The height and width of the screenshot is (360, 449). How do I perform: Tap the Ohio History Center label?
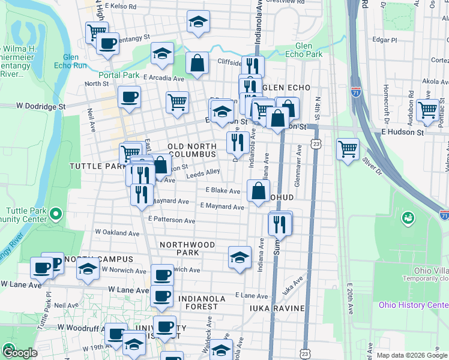click(413, 304)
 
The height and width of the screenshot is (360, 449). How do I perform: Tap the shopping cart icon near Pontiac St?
click(427, 110)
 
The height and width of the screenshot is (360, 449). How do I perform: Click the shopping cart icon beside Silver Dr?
click(348, 148)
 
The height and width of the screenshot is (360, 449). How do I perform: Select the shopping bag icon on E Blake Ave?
click(258, 191)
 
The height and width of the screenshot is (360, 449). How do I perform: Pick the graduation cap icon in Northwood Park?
click(240, 257)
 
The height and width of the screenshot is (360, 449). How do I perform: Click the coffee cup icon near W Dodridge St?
click(129, 97)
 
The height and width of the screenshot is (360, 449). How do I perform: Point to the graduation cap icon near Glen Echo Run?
click(161, 53)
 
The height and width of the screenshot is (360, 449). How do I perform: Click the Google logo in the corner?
click(19, 353)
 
